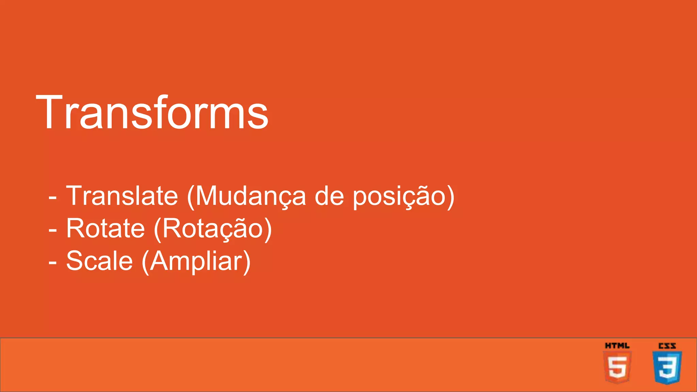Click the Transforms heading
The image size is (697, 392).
click(152, 112)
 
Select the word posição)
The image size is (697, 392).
click(403, 196)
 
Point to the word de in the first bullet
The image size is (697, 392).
click(329, 196)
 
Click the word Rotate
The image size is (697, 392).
click(106, 228)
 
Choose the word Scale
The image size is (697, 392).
click(99, 261)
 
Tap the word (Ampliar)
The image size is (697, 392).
click(196, 261)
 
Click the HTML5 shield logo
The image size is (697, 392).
click(617, 367)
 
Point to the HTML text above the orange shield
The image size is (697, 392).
click(617, 346)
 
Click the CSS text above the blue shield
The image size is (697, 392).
click(667, 346)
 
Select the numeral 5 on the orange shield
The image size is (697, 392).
click(617, 367)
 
